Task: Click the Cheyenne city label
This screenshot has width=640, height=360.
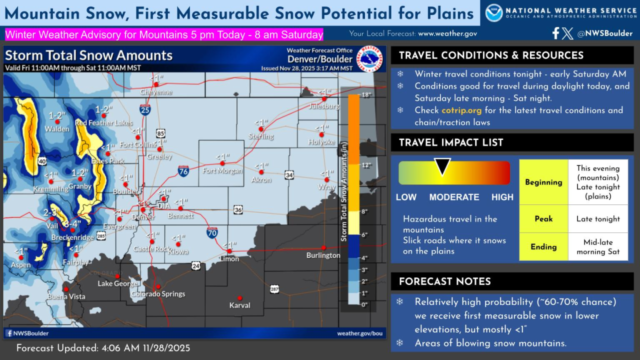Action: [156, 92]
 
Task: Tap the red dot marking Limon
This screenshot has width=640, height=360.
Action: [229, 251]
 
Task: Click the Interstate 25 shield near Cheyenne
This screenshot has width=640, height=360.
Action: [145, 109]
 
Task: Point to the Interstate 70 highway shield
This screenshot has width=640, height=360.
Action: [212, 232]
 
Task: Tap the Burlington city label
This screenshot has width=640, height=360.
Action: [323, 255]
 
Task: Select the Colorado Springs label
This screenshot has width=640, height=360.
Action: [158, 294]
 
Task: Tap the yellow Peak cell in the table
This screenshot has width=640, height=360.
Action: [543, 219]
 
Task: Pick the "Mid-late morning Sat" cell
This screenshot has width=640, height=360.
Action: [597, 247]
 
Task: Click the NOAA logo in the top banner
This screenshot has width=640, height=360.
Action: [494, 13]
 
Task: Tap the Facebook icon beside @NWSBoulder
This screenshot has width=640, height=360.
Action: [555, 33]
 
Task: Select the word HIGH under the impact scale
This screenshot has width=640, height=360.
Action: [502, 197]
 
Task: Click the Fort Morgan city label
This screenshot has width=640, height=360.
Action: [222, 171]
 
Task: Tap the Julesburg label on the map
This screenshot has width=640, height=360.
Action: [324, 106]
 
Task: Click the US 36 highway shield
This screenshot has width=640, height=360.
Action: [238, 210]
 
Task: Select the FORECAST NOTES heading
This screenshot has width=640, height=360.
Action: [444, 281]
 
